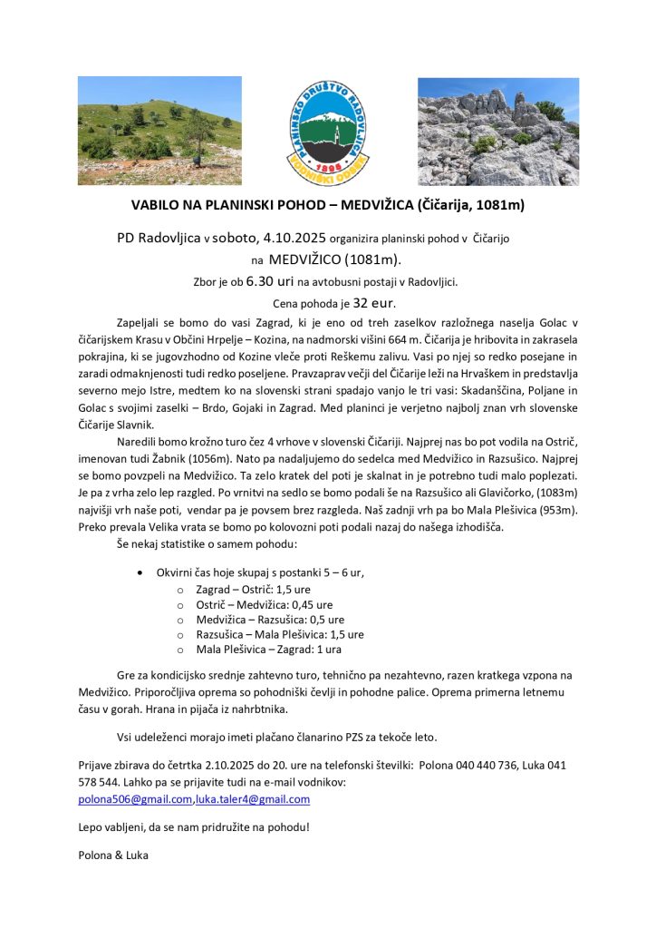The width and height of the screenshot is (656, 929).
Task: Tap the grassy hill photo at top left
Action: (159, 118)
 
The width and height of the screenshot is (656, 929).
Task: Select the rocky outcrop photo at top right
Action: (497, 131)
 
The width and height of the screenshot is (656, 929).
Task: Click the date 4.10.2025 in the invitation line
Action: (293, 239)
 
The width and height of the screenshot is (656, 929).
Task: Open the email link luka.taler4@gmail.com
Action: (253, 799)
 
